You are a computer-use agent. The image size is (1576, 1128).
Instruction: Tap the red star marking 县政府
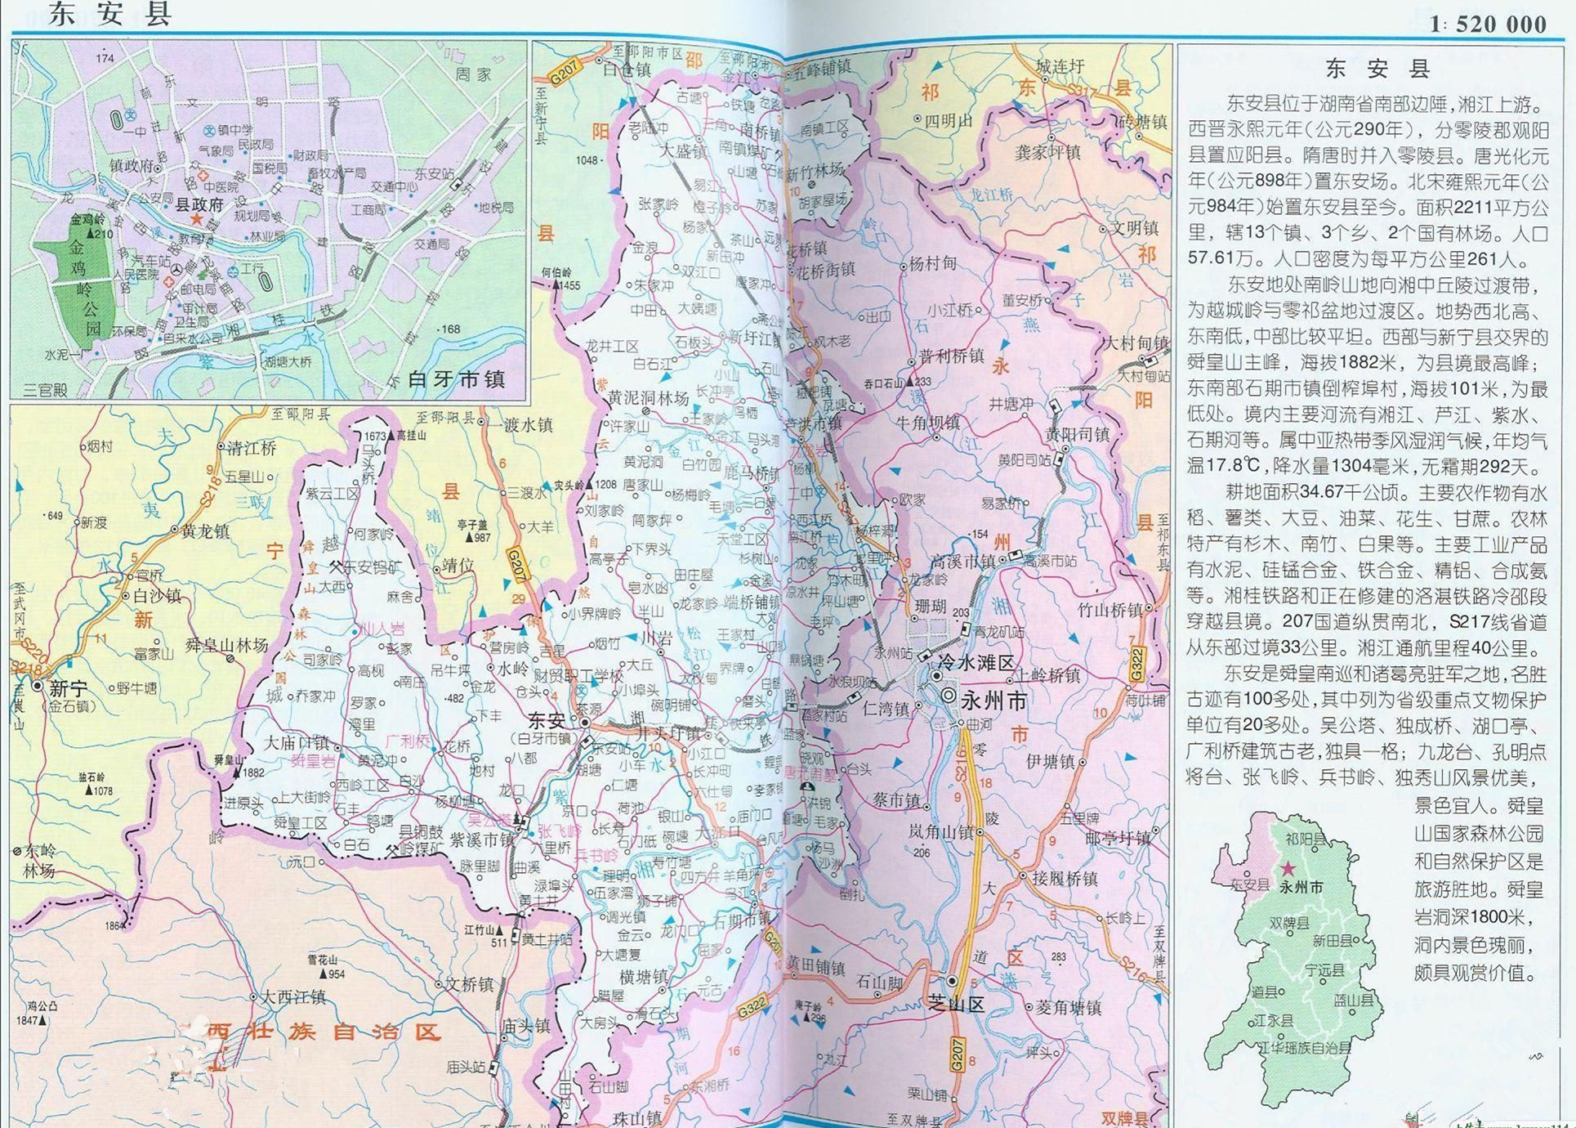pyautogui.click(x=196, y=219)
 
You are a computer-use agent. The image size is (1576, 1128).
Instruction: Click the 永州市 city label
pyautogui.click(x=993, y=701)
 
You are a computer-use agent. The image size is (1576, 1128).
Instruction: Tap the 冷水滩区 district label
pyautogui.click(x=976, y=663)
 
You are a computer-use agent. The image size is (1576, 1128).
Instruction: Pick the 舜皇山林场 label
pyautogui.click(x=226, y=646)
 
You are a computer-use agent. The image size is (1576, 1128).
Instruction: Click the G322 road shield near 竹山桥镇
pyautogui.click(x=1136, y=664)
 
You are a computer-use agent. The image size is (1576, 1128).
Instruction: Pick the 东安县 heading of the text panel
pyautogui.click(x=1377, y=69)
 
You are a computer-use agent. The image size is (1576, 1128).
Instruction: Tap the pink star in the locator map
pyautogui.click(x=1288, y=869)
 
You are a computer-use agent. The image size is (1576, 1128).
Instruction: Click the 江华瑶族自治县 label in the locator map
pyautogui.click(x=1305, y=1047)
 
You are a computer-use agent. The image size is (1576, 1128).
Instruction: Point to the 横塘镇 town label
pyautogui.click(x=644, y=977)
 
